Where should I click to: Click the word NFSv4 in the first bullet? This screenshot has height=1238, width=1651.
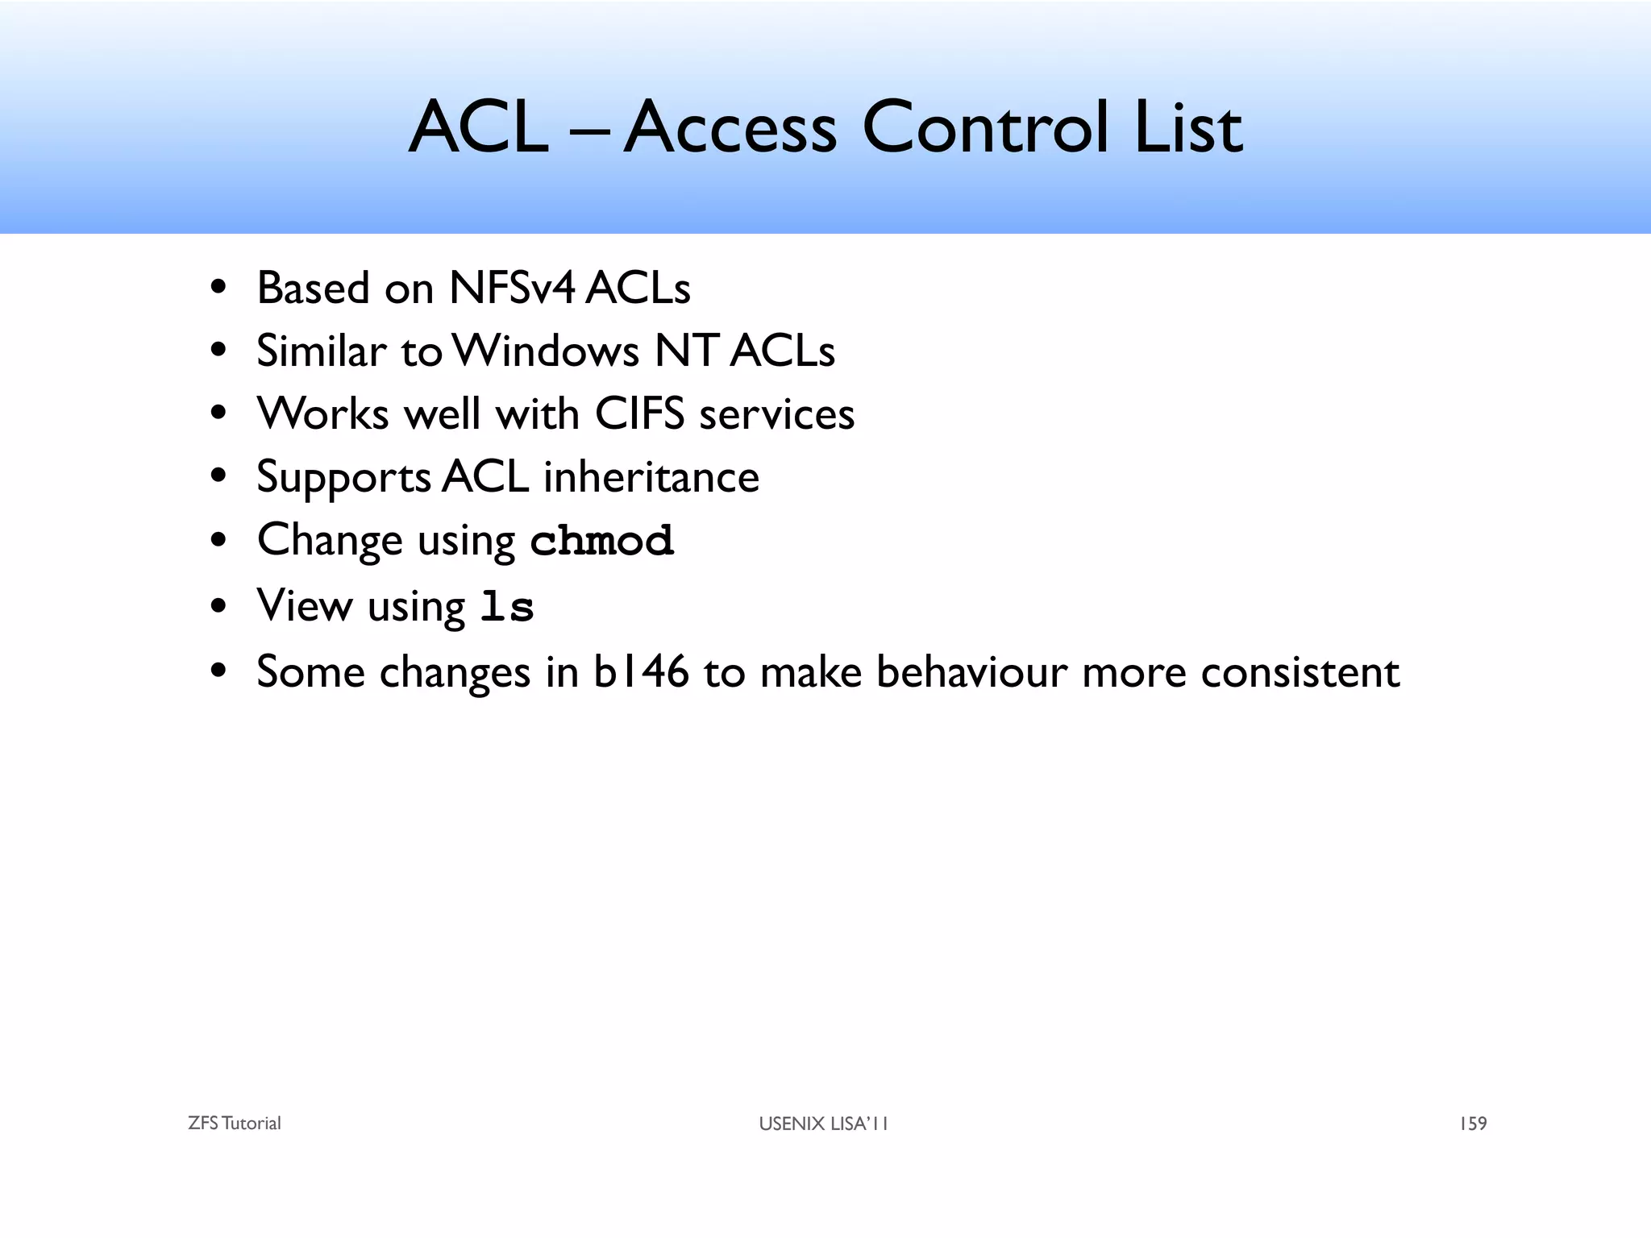click(513, 288)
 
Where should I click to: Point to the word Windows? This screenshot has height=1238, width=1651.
click(546, 351)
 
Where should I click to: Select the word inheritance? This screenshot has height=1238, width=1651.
click(651, 477)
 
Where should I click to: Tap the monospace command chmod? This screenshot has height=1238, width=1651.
click(601, 541)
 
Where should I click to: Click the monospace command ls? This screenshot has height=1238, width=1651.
click(506, 607)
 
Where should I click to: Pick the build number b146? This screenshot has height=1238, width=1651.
click(641, 672)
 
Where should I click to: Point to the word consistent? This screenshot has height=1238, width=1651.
click(1300, 672)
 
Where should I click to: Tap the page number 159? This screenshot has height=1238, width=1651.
click(1473, 1124)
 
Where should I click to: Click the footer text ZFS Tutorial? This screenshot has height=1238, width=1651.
click(234, 1124)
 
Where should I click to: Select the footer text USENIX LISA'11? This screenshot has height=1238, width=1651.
click(823, 1124)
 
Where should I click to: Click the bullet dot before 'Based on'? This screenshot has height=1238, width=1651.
click(218, 288)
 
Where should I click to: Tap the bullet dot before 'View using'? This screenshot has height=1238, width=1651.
click(218, 606)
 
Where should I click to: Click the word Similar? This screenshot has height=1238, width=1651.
click(321, 351)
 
